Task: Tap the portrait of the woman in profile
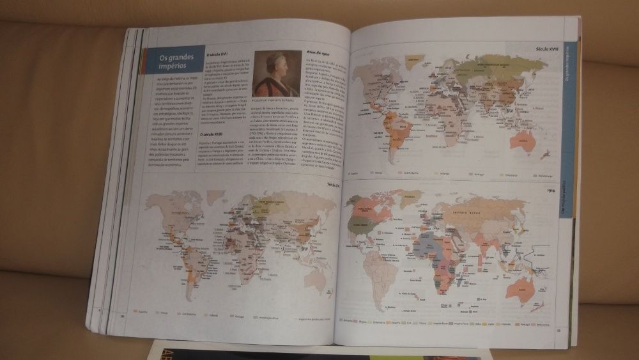tap(270, 73)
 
